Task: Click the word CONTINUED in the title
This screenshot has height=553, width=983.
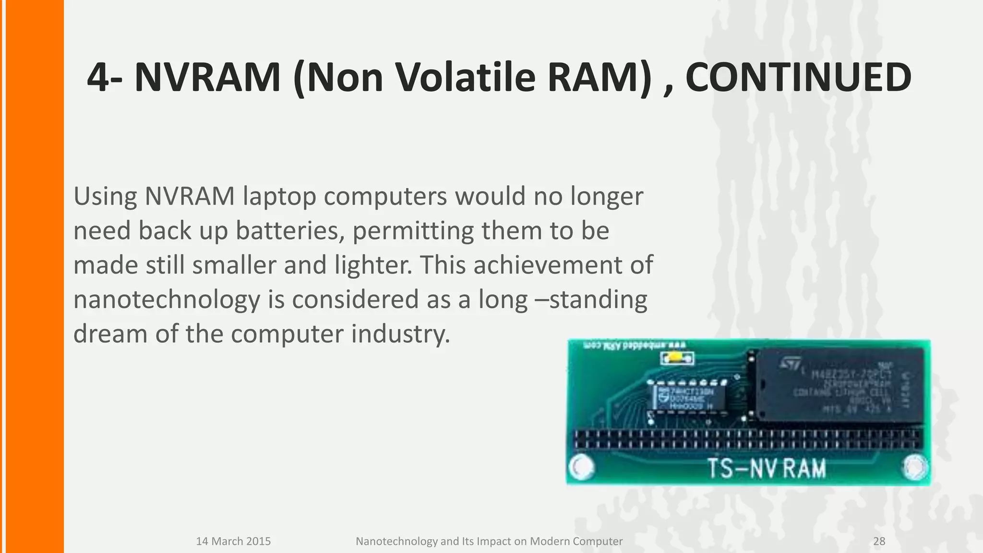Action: click(x=798, y=78)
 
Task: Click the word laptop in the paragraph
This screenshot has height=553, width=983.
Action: click(x=279, y=197)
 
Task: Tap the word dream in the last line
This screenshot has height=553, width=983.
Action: click(x=110, y=334)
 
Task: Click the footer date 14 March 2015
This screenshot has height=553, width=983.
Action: click(x=233, y=541)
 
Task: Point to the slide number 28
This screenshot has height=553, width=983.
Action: click(x=879, y=541)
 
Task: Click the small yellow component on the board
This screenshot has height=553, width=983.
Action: click(x=677, y=358)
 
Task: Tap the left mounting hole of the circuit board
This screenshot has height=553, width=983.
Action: click(x=582, y=467)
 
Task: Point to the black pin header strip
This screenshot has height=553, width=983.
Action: click(x=748, y=440)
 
